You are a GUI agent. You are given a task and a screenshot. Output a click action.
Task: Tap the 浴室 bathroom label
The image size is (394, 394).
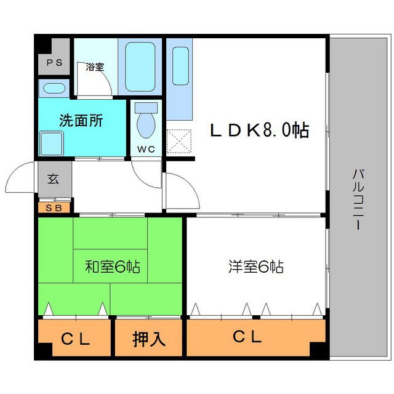(95, 67)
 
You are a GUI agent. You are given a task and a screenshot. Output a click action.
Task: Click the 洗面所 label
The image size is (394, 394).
(81, 120)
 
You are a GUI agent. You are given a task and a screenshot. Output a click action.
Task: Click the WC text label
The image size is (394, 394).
(146, 149)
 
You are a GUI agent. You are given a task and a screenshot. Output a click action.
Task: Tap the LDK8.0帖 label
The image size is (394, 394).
(259, 131)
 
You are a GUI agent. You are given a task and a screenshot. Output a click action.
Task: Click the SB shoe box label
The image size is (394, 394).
(54, 207)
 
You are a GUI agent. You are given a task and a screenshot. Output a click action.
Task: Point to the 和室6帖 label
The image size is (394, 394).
(112, 267)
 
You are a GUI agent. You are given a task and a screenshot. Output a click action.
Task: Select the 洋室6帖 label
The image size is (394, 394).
(255, 267)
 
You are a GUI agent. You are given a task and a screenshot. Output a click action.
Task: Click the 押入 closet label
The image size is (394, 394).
(148, 339)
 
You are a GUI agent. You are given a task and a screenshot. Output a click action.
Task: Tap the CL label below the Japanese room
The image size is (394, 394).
(76, 339)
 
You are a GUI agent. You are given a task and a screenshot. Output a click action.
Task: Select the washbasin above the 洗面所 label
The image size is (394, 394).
(54, 88)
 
